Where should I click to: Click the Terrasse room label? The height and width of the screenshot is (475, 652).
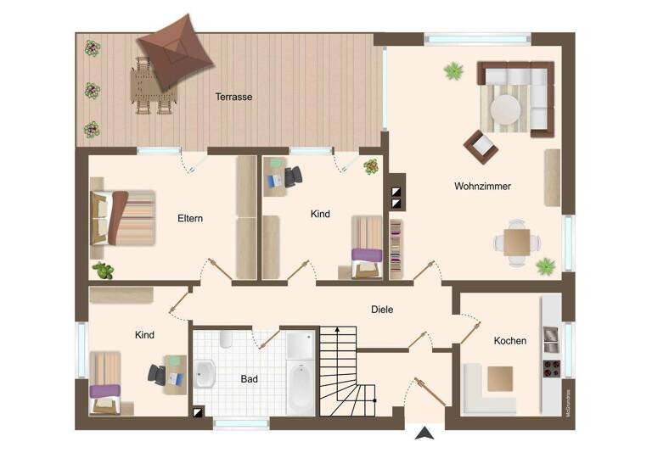pos(233,97)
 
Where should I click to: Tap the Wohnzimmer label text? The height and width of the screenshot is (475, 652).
pos(482,186)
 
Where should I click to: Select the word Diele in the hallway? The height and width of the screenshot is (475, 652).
pos(382,310)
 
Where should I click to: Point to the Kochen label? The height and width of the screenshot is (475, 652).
pos(510,341)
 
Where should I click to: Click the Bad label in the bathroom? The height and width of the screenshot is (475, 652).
pos(249,379)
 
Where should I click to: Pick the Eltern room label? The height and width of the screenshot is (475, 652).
pos(190,218)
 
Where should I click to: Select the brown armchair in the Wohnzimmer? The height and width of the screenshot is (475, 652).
pos(481,147)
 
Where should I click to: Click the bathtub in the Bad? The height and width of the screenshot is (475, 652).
pos(301,387)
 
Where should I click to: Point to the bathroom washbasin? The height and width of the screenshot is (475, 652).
pos(205,374)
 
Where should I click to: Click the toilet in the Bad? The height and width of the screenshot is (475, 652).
pos(225,340)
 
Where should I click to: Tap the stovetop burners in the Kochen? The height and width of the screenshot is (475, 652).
pos(551,369)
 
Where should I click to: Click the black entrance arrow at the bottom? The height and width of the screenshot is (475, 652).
pos(424,433)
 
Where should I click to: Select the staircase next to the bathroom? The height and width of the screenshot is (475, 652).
pos(348,373)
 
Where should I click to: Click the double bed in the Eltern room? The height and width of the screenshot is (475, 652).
pos(124,217)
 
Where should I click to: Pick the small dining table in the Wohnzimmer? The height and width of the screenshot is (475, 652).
pos(516,243)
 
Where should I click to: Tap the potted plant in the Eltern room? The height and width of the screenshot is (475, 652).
pos(104,271)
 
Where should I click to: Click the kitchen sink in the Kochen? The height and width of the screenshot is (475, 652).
pos(551,340)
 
